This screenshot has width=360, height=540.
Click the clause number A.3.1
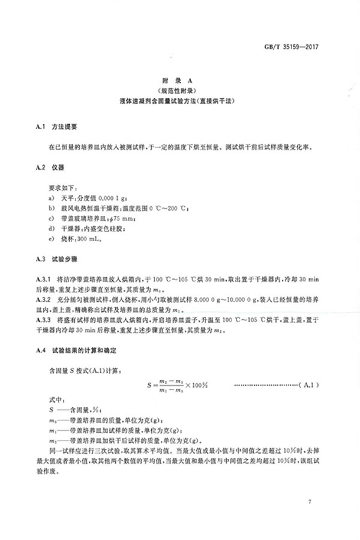46,280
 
